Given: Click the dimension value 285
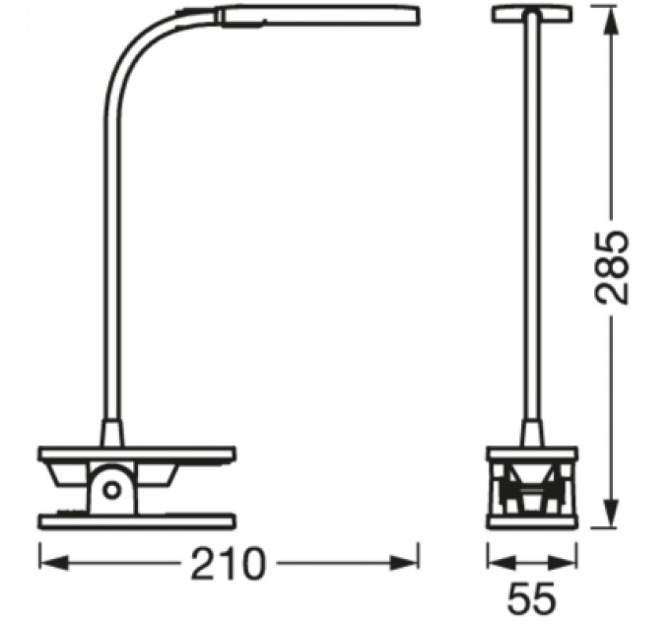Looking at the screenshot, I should coord(612,269).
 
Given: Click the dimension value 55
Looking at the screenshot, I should coord(532,597).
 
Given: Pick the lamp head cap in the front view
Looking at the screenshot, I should coord(533,14).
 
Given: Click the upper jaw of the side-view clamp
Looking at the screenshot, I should coord(138,455).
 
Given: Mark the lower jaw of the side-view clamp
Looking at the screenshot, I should coord(138,519).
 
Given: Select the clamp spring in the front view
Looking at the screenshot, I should coord(532,489).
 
